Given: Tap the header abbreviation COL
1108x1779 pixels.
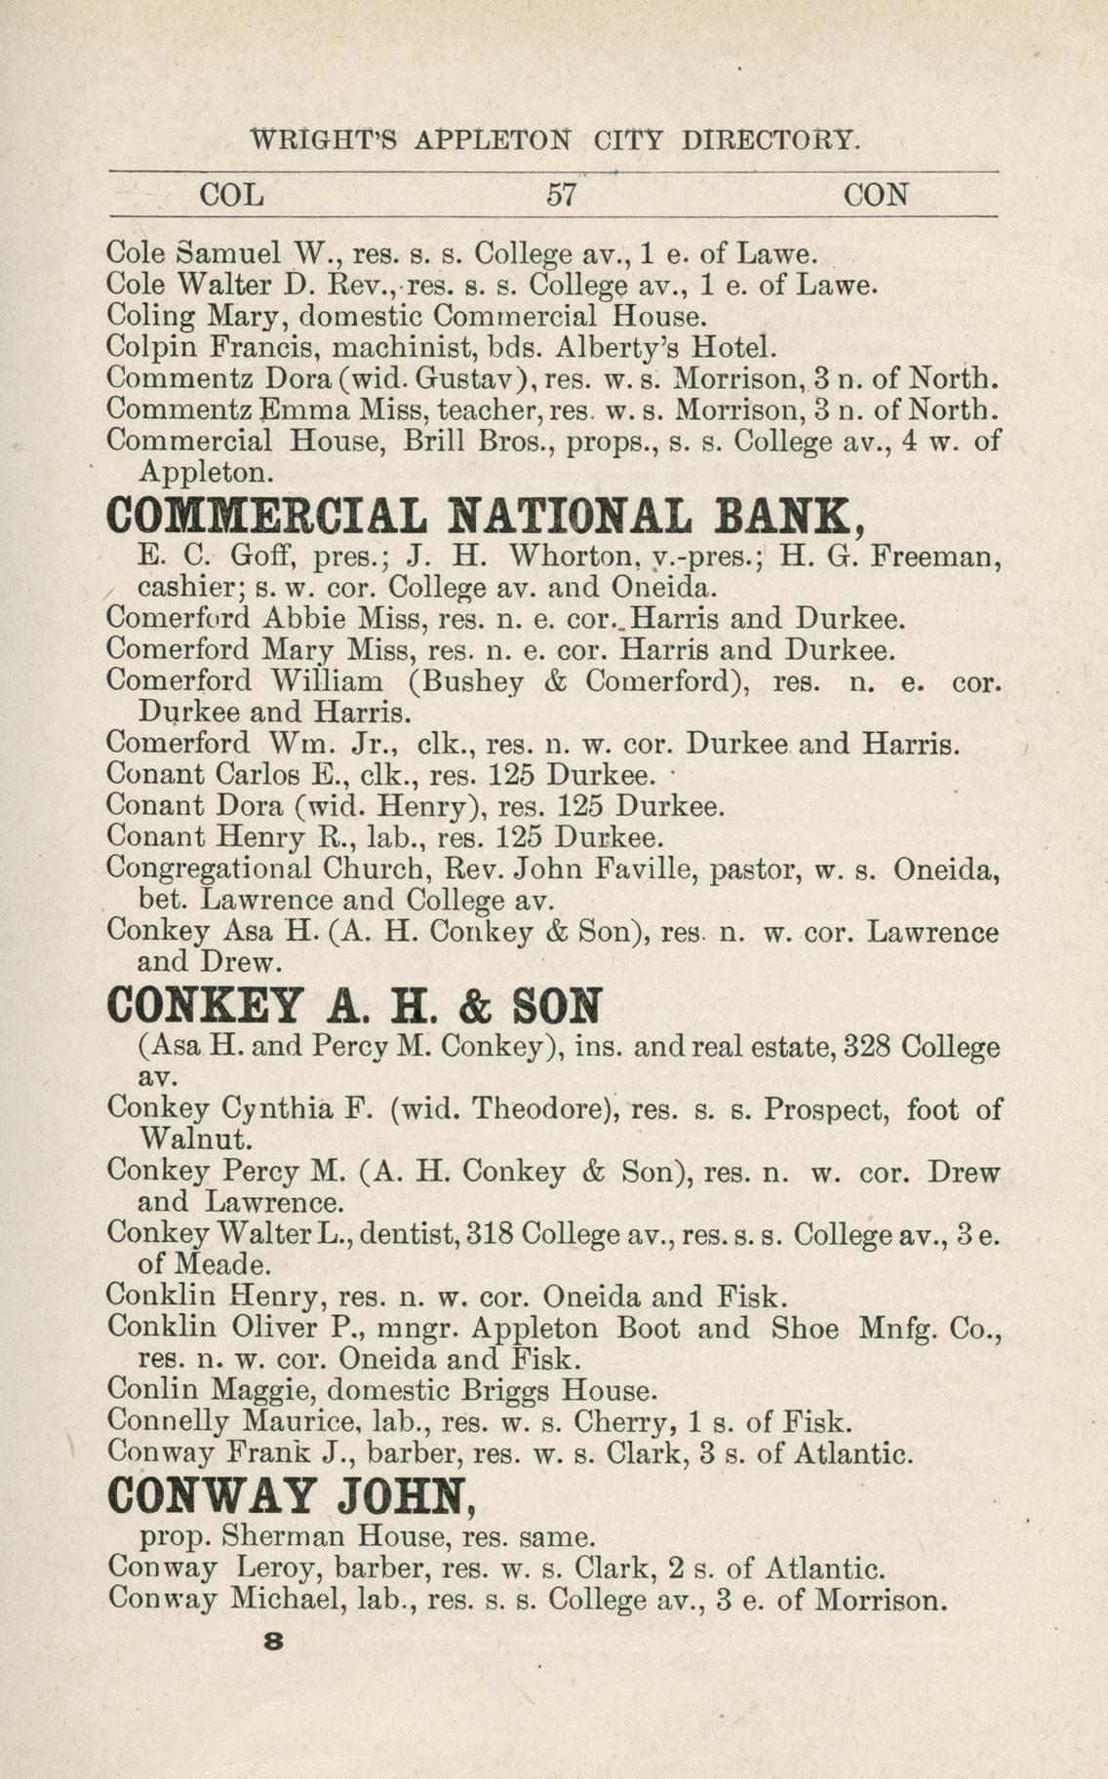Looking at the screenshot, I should tap(231, 195).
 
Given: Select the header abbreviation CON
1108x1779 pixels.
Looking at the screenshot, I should tap(876, 195).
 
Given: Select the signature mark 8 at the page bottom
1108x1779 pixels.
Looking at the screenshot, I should tap(273, 1641).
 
